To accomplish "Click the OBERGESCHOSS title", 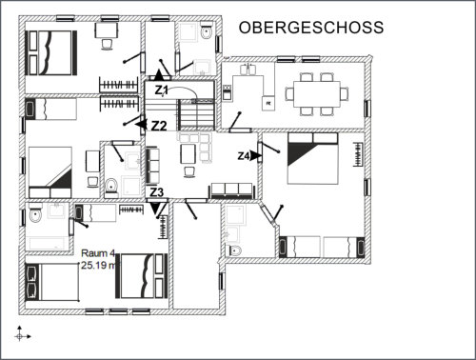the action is point(311,28).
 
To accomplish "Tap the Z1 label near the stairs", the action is point(161,90).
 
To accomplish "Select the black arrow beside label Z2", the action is point(141,124).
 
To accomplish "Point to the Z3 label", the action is point(156,192).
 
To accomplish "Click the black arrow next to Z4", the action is point(255,156).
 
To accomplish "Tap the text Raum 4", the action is point(97,253).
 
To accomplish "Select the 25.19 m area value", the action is point(98,265).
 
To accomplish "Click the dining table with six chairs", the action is point(317,94).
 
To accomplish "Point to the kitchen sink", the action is point(248,70).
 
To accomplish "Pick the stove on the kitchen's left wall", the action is point(227,93).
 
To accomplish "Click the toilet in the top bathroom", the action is point(207,31).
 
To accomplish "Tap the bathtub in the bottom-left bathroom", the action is point(47,244).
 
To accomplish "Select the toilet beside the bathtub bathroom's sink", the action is point(35,214).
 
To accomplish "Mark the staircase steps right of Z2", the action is point(197,114).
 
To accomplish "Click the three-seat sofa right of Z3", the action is point(231,190).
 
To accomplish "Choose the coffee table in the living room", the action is point(188,154).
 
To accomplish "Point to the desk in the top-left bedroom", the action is point(107,30).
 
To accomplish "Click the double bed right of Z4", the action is point(312,158).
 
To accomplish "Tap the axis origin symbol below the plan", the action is point(20,336).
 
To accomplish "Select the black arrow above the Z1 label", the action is point(159,75).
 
